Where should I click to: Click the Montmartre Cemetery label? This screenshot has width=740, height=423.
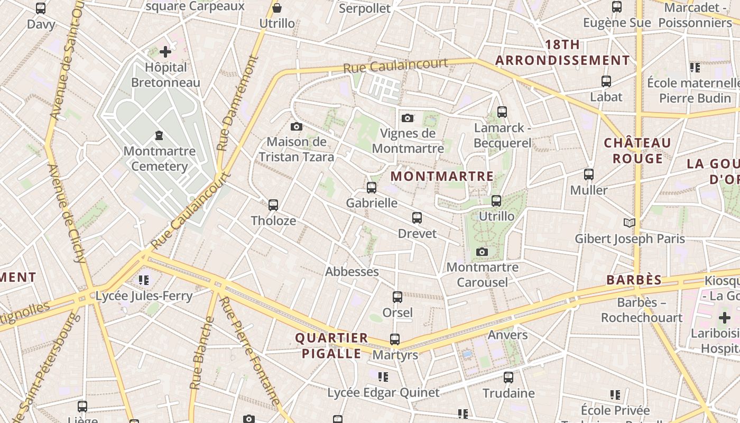click(x=159, y=159)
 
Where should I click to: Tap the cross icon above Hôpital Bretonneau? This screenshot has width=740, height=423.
click(x=165, y=52)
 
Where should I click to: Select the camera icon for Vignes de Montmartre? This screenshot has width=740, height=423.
click(x=407, y=118)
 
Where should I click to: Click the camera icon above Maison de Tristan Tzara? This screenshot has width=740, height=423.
click(x=297, y=126)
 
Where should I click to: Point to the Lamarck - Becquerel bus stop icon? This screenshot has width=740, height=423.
click(x=502, y=112)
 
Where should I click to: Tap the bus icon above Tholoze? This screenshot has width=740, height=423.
click(x=273, y=205)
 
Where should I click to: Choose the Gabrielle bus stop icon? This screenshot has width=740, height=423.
click(x=371, y=188)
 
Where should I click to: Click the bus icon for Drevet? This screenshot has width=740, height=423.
click(x=417, y=218)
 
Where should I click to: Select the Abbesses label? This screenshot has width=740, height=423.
click(x=351, y=272)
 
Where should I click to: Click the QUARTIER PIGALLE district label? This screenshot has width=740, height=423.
click(x=331, y=346)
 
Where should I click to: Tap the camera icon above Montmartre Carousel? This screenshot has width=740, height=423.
click(x=482, y=252)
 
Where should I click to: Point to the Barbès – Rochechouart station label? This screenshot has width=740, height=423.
click(x=642, y=310)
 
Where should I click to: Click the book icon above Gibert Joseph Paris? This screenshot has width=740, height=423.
click(x=629, y=223)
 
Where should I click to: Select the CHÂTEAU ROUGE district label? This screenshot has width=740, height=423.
click(x=637, y=151)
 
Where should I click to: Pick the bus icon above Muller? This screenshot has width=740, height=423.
click(x=588, y=174)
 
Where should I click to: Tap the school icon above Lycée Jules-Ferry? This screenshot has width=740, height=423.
click(x=144, y=280)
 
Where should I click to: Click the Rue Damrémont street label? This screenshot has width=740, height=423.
click(x=237, y=104)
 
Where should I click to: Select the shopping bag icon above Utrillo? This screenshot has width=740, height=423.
click(x=276, y=8)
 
